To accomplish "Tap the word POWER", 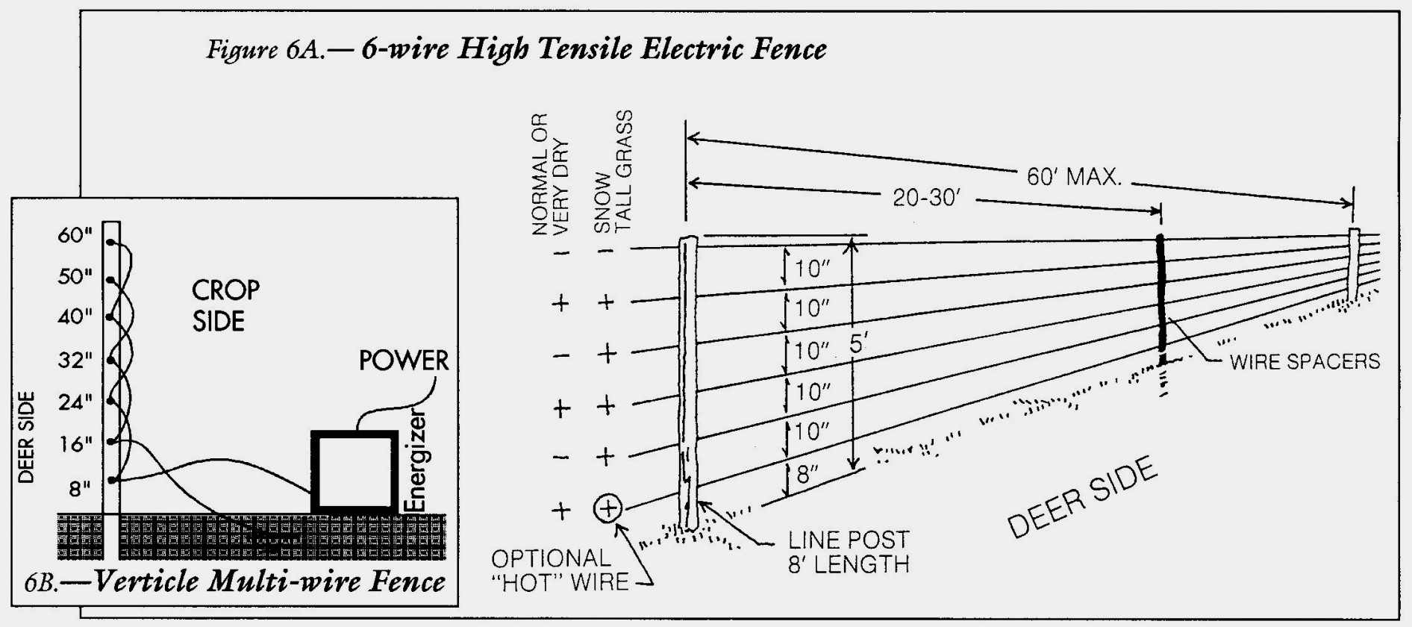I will click(404, 361).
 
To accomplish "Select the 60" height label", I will click(75, 235).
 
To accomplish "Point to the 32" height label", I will click(75, 361).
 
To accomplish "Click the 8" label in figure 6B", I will click(80, 488).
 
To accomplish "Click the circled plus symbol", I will click(607, 508).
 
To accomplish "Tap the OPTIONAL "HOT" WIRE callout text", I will click(560, 570).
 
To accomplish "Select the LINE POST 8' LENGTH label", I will click(849, 551).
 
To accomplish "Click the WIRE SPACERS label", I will click(1305, 362).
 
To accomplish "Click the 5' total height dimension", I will click(859, 346).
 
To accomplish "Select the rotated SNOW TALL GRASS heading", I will click(612, 173).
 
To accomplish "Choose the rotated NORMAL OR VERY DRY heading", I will click(550, 175).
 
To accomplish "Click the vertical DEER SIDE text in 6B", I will click(27, 437).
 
